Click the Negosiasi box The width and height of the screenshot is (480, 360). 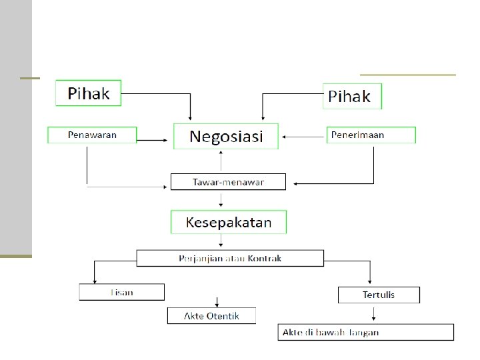(x=226, y=136)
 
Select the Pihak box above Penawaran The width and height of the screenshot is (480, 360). (x=88, y=93)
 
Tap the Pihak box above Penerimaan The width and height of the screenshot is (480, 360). (x=352, y=96)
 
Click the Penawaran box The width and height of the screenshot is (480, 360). (x=92, y=135)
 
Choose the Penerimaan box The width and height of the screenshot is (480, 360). (x=371, y=135)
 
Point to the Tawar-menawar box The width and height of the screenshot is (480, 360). (x=228, y=181)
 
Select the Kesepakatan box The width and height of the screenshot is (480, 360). (x=229, y=222)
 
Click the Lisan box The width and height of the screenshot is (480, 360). (x=121, y=292)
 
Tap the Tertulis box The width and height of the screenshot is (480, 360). (x=379, y=295)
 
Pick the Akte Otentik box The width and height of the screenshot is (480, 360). (x=211, y=315)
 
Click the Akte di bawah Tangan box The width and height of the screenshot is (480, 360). (x=365, y=332)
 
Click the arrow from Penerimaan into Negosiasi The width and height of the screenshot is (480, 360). (x=303, y=137)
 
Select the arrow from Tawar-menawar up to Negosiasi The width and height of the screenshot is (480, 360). (x=222, y=160)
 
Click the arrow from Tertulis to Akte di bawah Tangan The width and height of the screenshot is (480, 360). (x=375, y=313)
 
